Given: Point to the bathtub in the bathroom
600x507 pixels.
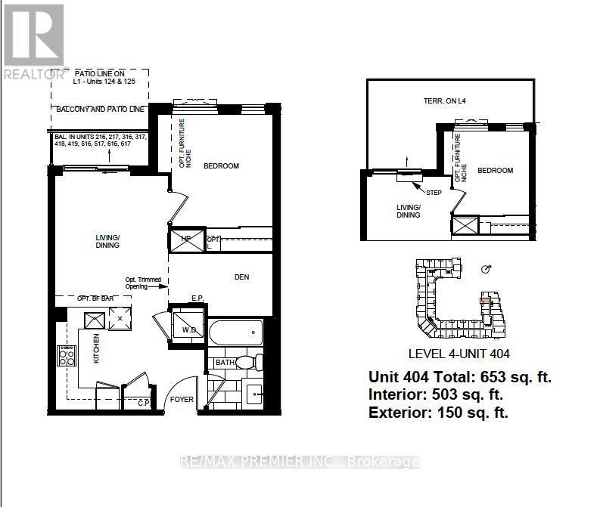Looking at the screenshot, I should pyautogui.click(x=235, y=332).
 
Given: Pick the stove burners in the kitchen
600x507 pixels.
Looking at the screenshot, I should pyautogui.click(x=66, y=355).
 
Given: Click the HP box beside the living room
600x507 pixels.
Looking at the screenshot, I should pyautogui.click(x=185, y=241).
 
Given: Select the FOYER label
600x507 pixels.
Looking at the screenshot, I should pyautogui.click(x=182, y=399).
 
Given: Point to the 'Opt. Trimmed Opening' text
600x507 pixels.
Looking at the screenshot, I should pyautogui.click(x=144, y=282).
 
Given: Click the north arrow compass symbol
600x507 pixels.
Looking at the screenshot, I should pyautogui.click(x=487, y=268).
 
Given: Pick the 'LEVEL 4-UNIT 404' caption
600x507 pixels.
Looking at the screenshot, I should pyautogui.click(x=459, y=354).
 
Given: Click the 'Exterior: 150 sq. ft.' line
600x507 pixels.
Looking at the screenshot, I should pyautogui.click(x=438, y=412).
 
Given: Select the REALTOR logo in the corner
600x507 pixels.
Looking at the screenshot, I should pyautogui.click(x=33, y=41).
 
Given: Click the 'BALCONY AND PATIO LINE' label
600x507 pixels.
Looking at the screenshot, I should pyautogui.click(x=100, y=110).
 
